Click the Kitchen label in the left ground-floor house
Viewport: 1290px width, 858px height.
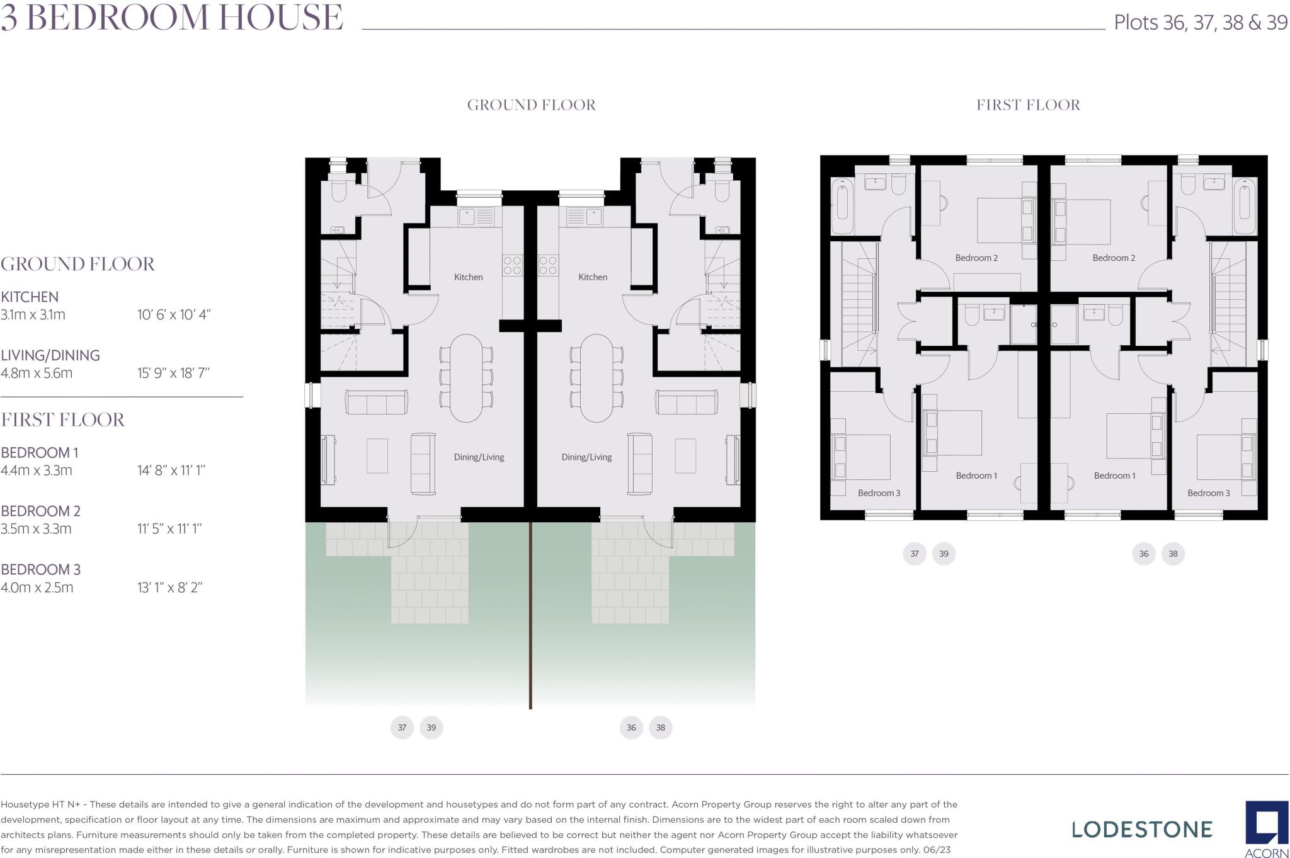point(468,277)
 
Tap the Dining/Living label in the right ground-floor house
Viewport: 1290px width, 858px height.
point(586,457)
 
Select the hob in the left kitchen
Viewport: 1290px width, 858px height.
point(512,265)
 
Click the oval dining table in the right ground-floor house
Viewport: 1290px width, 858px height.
point(595,378)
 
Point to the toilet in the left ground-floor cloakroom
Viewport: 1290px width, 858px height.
point(339,191)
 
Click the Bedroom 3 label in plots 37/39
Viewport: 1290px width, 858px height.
point(879,493)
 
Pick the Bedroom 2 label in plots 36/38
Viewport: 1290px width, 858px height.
point(1114,258)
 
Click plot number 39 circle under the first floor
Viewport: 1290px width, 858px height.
point(944,554)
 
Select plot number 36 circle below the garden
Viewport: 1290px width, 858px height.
point(631,728)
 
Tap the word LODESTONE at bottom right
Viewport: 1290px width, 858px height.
point(1142,830)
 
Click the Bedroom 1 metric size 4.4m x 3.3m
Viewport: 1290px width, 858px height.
point(37,470)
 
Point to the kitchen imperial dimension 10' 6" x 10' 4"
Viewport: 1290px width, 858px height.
point(174,314)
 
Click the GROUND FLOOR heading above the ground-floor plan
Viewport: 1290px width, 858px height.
point(531,105)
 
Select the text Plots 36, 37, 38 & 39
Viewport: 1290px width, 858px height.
point(1200,23)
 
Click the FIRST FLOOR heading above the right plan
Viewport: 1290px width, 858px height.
point(1028,105)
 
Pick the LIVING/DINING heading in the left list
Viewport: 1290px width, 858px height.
point(50,355)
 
